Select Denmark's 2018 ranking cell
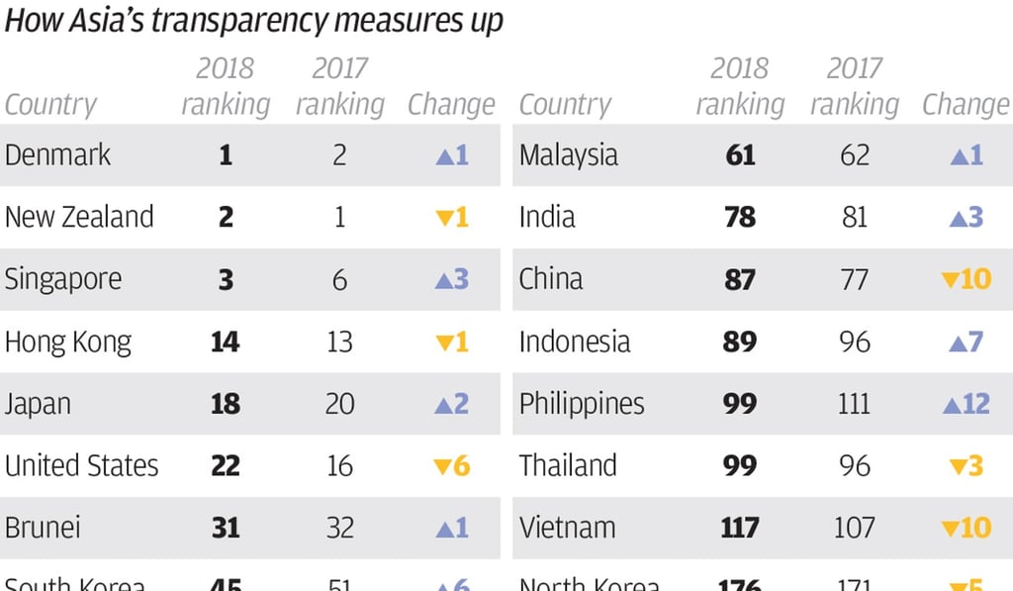226,155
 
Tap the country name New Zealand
79,218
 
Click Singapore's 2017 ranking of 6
339,280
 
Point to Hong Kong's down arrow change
442,343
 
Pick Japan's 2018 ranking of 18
226,405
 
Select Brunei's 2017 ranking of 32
339,529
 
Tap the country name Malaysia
568,155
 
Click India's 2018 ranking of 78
740,218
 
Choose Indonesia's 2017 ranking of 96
855,343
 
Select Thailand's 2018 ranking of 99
740,466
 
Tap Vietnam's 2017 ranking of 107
855,529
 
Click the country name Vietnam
567,529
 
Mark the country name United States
81,466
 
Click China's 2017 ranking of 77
855,280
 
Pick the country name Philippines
582,405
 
